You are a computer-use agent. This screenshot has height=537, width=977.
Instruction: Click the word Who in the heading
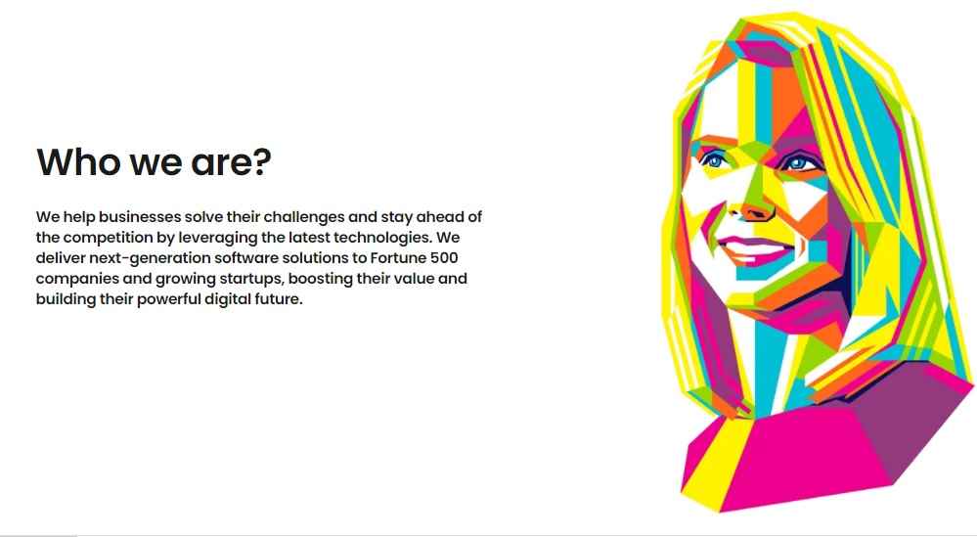[78, 161]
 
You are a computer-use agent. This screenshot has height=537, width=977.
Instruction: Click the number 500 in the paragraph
[444, 258]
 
